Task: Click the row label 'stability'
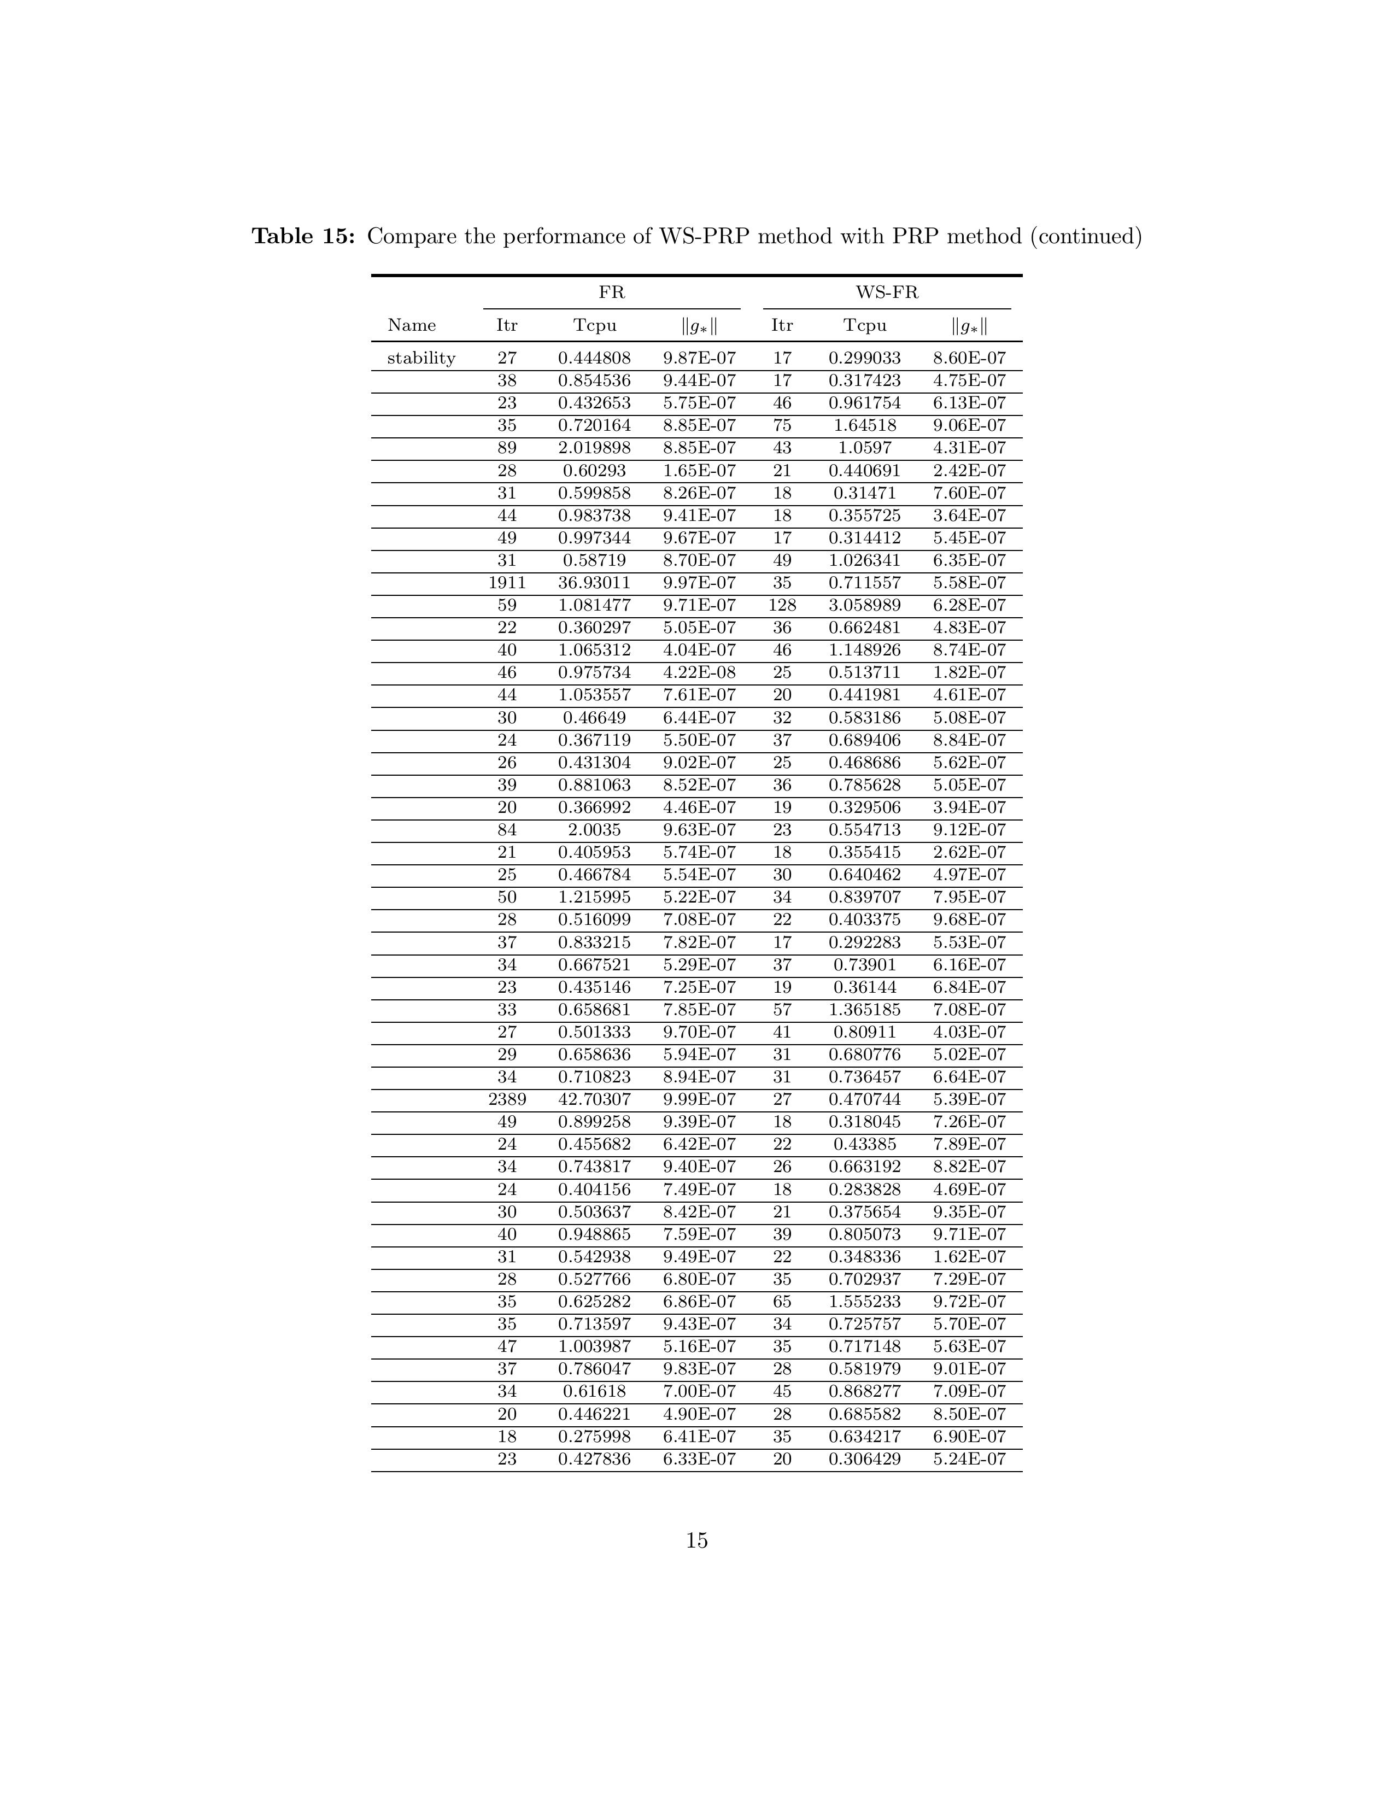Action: (421, 358)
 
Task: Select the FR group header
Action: (611, 292)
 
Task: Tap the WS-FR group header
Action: (886, 292)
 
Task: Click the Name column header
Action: (411, 325)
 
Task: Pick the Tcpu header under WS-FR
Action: (865, 325)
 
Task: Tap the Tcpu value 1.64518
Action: (865, 425)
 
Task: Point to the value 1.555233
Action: (865, 1302)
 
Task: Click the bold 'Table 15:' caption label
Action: (303, 237)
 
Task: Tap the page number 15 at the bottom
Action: (696, 1541)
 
